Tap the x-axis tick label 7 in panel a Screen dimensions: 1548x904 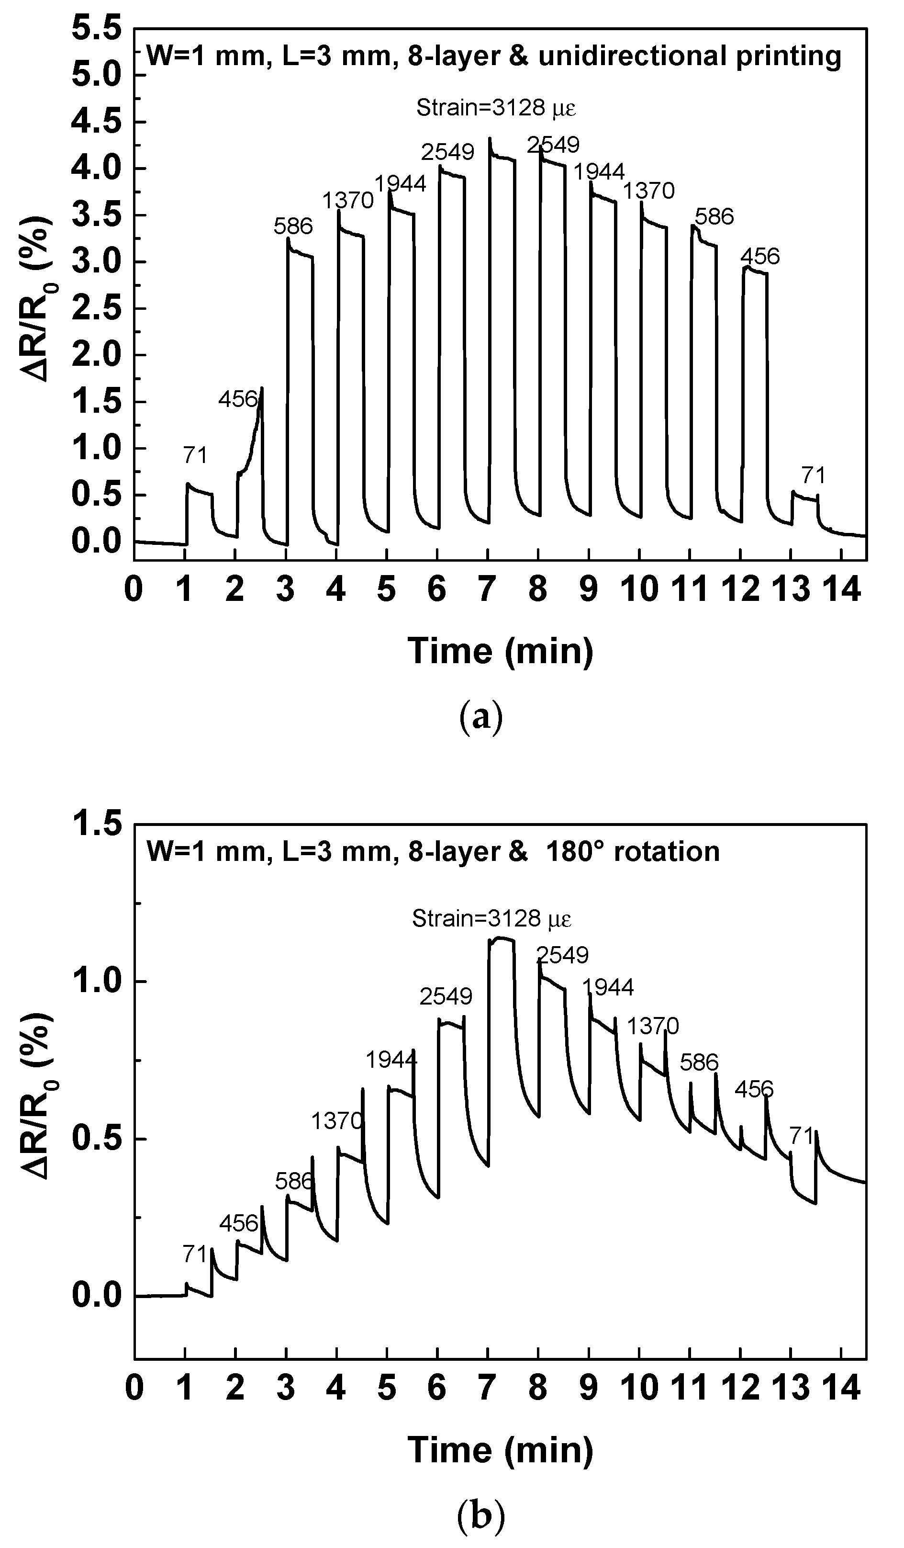[x=487, y=590]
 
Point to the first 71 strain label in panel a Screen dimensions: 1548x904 [x=195, y=456]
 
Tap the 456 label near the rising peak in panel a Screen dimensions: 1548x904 [x=238, y=400]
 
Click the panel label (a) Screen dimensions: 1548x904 [x=481, y=717]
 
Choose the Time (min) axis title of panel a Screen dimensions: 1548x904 [x=501, y=651]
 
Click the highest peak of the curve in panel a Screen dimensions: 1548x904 [x=490, y=139]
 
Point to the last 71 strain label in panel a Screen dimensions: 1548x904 [x=813, y=475]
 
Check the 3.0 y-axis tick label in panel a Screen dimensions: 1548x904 [x=97, y=262]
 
